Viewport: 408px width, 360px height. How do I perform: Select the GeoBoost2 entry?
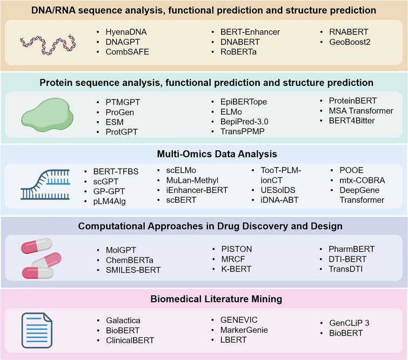pyautogui.click(x=347, y=42)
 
